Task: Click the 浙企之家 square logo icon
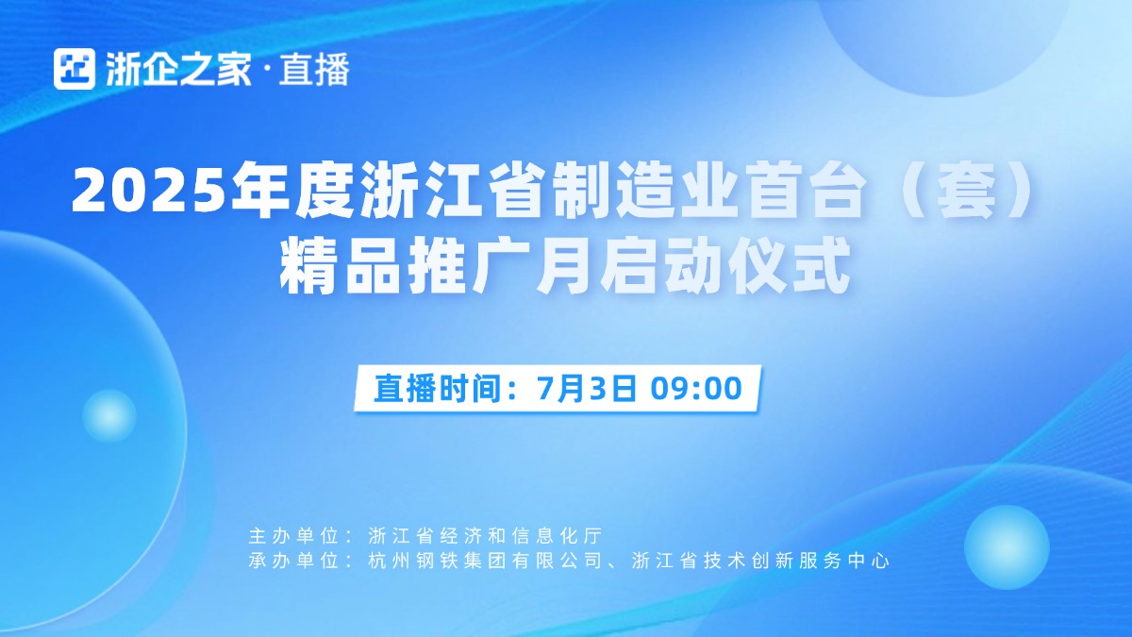75,69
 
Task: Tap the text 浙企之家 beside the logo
178,69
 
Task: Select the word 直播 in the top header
314,69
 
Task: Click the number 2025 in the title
148,192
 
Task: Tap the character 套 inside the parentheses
966,191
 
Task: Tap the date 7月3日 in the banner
586,388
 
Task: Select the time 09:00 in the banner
696,388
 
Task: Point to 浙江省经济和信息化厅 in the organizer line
485,536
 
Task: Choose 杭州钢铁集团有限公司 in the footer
485,561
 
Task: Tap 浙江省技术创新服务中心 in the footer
760,561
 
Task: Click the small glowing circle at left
109,415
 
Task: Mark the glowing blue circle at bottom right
1007,547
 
